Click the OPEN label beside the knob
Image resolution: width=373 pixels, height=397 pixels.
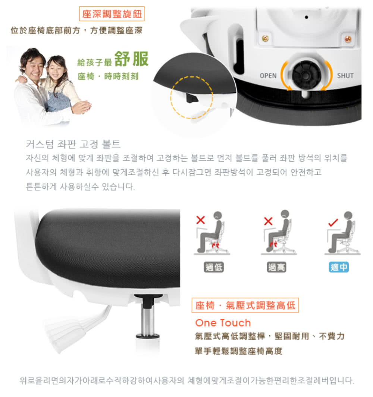pos(268,76)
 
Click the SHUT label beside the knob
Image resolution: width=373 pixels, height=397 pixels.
pos(345,76)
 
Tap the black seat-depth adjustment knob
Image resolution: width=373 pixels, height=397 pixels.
pos(306,75)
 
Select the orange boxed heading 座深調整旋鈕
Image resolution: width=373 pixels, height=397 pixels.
pos(112,14)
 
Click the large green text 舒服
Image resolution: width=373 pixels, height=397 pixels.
pos(131,59)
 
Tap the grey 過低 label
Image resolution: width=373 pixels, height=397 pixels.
pos(214,267)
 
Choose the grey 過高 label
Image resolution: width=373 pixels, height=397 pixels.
pos(276,267)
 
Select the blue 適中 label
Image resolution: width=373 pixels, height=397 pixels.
pos(339,267)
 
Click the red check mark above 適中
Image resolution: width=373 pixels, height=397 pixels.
pos(333,223)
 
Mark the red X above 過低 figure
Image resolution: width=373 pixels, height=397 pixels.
pos(200,220)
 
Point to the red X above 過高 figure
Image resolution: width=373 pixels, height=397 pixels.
pos(268,221)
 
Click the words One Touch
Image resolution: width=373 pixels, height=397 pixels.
pos(223,323)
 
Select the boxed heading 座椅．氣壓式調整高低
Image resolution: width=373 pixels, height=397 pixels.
pos(245,305)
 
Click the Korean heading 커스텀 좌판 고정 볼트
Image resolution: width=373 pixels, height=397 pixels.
pos(73,144)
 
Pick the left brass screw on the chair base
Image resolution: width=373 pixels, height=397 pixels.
pos(265,38)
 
